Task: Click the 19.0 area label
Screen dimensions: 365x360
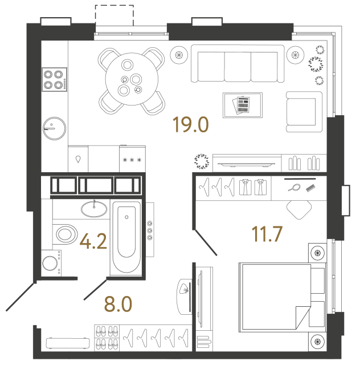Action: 192,124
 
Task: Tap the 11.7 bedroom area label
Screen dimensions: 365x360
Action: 267,234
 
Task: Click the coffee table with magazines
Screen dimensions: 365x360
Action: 243,105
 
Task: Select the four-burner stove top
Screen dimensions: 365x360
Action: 54,79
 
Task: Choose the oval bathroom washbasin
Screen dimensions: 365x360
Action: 93,209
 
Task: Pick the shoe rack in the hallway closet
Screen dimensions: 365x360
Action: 107,337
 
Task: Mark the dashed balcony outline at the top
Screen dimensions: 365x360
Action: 114,15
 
